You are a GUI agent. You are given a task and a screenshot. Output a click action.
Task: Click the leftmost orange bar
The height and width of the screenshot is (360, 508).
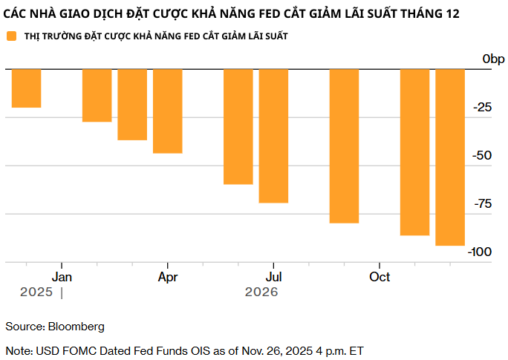26,88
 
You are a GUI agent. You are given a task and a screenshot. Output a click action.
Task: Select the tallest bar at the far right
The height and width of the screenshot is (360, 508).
450,157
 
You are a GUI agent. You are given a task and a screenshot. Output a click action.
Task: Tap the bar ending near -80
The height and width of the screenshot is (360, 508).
344,145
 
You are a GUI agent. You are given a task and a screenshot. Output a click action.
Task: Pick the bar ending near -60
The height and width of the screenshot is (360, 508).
238,126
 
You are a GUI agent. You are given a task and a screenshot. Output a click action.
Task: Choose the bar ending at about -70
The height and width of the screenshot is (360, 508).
273,136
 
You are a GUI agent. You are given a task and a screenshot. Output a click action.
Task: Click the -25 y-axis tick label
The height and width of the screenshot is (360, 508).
483,108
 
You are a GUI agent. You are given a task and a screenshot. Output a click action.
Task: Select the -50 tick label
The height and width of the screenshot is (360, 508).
483,156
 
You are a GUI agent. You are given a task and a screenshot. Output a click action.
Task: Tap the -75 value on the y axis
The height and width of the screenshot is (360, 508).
483,204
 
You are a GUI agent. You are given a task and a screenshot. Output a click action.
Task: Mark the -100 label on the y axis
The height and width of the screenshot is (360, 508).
480,252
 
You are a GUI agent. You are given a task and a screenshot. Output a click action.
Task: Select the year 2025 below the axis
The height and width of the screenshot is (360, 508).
36,292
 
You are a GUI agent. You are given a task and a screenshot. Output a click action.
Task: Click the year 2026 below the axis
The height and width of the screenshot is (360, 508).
261,292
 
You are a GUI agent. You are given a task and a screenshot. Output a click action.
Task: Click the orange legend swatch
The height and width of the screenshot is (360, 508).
11,36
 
